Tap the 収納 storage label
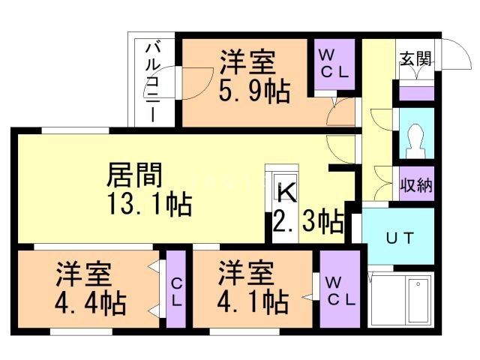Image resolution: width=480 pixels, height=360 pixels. tap(415, 184)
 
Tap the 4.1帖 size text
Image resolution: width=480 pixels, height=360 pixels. tap(253, 304)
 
